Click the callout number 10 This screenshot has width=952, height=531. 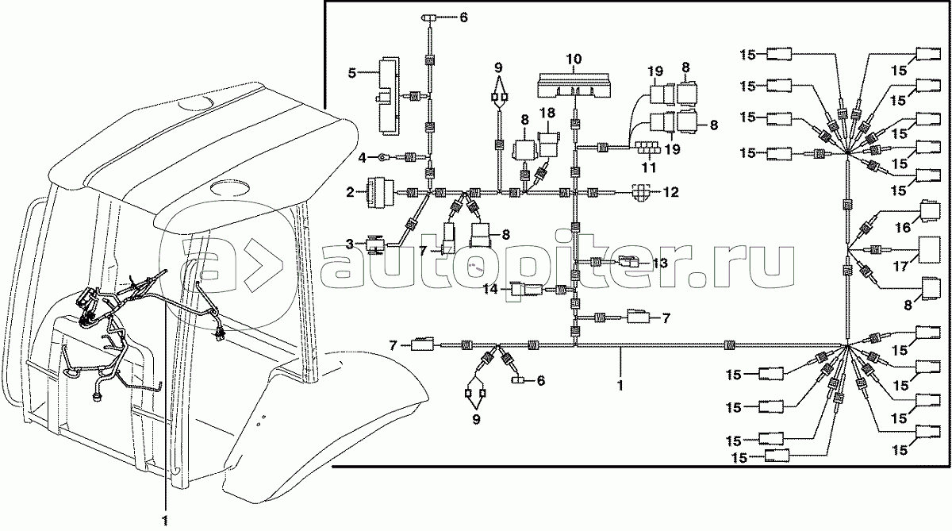[x=574, y=59]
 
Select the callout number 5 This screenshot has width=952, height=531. [x=351, y=72]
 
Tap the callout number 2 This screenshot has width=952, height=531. [x=349, y=191]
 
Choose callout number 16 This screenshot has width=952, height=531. [x=903, y=228]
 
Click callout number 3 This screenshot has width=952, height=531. [x=349, y=244]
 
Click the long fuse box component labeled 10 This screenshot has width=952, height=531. [x=574, y=83]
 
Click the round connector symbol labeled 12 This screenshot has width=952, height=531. [x=642, y=191]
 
